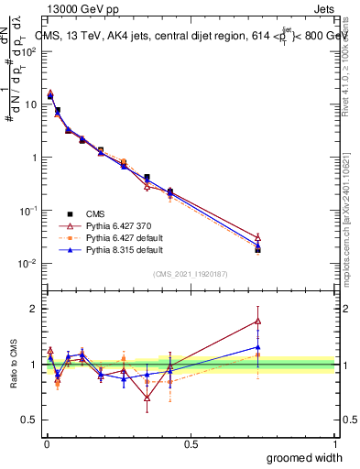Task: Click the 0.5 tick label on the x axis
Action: (191, 443)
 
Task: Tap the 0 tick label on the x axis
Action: (46, 443)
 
